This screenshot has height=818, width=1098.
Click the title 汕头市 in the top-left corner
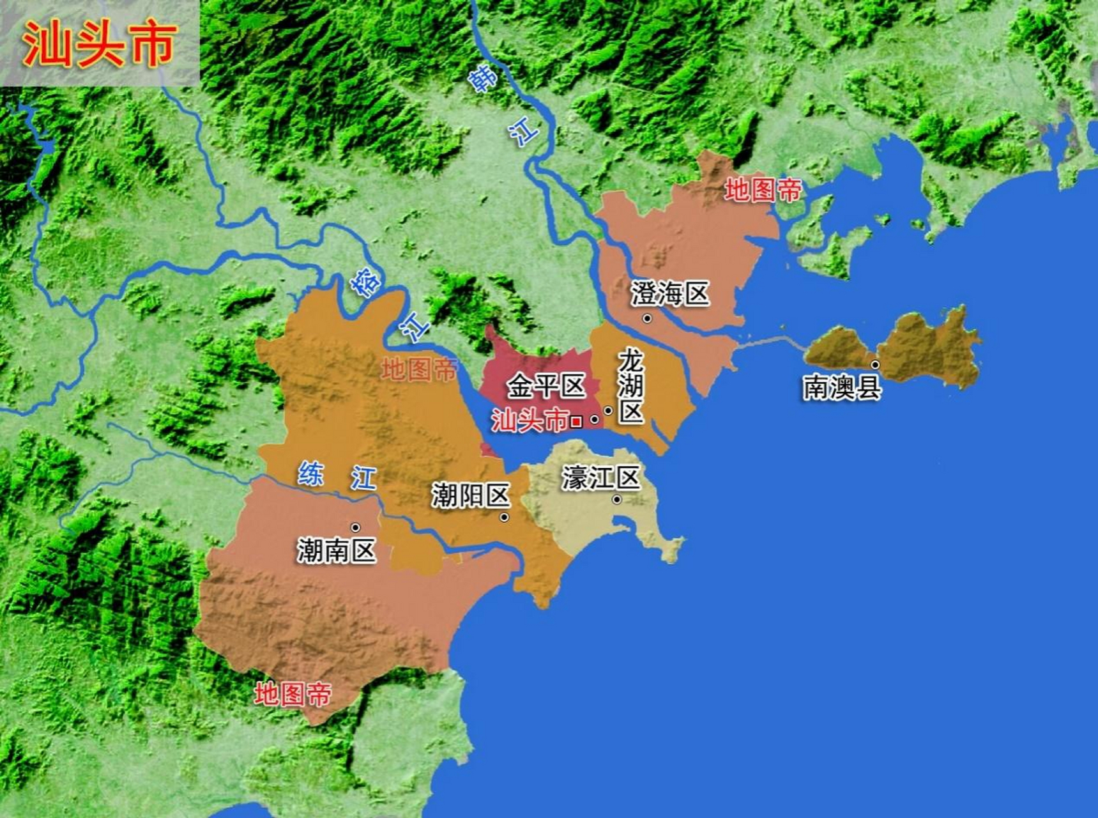pos(99,44)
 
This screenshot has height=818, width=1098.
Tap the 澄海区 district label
pos(670,294)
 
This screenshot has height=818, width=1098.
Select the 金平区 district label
pos(546,385)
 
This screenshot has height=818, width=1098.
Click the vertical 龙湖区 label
pos(630,386)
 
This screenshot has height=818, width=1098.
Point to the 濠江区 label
pos(600,477)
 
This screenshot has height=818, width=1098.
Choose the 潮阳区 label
pos(471,495)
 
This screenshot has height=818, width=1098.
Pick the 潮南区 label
pos(337,550)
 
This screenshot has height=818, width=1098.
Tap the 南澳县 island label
pos(842,387)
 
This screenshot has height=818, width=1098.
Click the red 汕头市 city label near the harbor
pos(530,421)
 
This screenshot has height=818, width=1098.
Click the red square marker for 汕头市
pos(576,421)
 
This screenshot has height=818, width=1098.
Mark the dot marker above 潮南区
pos(356,527)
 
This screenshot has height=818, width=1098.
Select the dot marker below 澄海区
pos(647,318)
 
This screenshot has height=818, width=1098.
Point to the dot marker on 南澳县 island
pos(875,365)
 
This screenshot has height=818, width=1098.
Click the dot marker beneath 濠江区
pos(616,500)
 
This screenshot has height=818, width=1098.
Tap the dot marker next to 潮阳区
pos(505,517)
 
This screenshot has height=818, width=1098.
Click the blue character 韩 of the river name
pos(483,79)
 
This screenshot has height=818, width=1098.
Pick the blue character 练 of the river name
pos(311,474)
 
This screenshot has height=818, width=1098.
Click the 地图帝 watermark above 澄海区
pos(763,190)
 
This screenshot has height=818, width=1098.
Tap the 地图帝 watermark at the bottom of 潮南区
pos(293,693)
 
